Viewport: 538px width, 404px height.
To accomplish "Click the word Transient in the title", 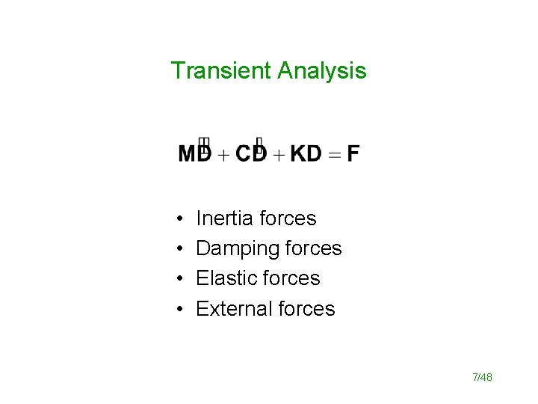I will coord(221,70).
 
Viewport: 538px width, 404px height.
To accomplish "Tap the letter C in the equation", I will coord(244,154).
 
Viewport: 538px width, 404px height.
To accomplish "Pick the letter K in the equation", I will coord(298,154).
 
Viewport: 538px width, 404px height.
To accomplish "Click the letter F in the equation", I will coord(353,154).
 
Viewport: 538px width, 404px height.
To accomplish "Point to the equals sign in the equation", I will coord(334,155).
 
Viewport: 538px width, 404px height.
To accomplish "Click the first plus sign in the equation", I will coord(223,155).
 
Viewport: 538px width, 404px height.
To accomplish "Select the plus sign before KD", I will coord(278,155).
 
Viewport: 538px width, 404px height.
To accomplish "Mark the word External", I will coord(230,308).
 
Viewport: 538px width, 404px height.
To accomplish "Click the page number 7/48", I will coord(482,377).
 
